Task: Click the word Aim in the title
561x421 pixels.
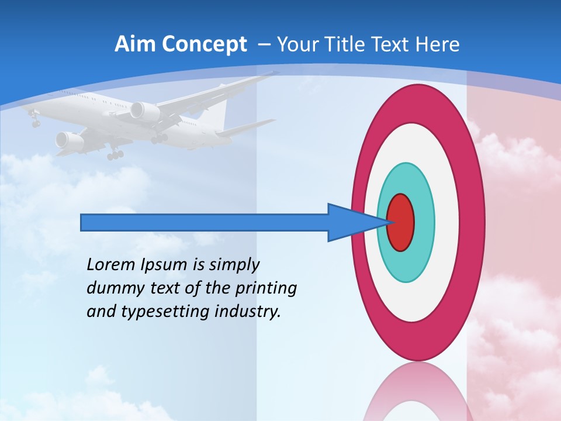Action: [x=132, y=44]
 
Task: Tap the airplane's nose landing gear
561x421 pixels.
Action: [x=35, y=121]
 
